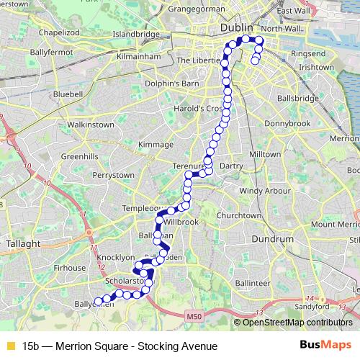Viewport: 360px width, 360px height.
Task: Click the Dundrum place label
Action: pyautogui.click(x=270, y=239)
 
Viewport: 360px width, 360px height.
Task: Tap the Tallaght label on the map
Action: pyautogui.click(x=23, y=244)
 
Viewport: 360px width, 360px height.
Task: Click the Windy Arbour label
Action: pyautogui.click(x=264, y=191)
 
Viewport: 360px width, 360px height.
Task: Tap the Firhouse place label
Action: pyautogui.click(x=70, y=267)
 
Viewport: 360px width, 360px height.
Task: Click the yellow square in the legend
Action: pyautogui.click(x=10, y=346)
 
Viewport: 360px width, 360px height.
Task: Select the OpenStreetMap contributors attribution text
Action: pyautogui.click(x=297, y=323)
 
